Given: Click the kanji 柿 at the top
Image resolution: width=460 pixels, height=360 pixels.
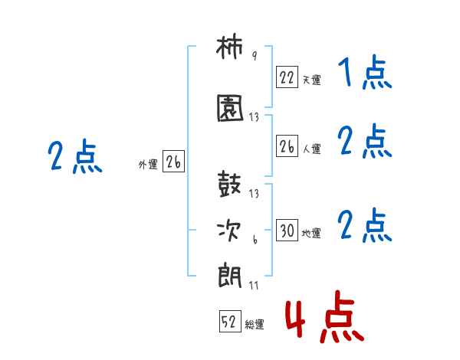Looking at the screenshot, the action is pyautogui.click(x=229, y=47).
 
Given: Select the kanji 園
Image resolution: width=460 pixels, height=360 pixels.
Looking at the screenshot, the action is pyautogui.click(x=230, y=108).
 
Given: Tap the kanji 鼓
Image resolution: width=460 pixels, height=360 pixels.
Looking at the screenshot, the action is pyautogui.click(x=229, y=184).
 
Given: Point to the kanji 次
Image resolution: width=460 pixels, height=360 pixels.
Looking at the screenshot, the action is pyautogui.click(x=229, y=231).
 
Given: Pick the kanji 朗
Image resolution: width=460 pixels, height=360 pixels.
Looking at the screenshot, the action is pyautogui.click(x=230, y=276).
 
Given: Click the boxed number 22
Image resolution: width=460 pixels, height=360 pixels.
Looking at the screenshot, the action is pyautogui.click(x=287, y=77).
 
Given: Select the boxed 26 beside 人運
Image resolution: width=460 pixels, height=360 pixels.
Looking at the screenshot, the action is pyautogui.click(x=287, y=146).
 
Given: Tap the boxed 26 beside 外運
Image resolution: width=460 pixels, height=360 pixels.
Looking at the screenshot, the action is pyautogui.click(x=173, y=161).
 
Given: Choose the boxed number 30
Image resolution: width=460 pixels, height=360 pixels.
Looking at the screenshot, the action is pyautogui.click(x=287, y=230).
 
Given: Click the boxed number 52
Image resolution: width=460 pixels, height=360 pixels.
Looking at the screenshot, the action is pyautogui.click(x=230, y=321).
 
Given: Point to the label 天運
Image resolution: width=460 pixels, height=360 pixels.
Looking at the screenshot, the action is pyautogui.click(x=311, y=80).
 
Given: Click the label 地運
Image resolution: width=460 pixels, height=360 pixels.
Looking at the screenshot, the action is pyautogui.click(x=311, y=233).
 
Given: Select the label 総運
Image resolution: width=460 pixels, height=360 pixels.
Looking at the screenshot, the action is pyautogui.click(x=255, y=325).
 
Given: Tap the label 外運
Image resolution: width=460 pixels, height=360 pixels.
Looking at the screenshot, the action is pyautogui.click(x=148, y=165).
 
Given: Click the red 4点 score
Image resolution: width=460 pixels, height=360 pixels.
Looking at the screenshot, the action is pyautogui.click(x=325, y=316).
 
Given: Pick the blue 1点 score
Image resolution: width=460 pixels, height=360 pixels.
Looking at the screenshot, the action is pyautogui.click(x=365, y=72).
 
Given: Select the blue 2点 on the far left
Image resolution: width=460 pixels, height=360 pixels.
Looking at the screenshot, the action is pyautogui.click(x=75, y=156).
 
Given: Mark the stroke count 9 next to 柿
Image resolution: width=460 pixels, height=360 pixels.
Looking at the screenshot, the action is pyautogui.click(x=255, y=55).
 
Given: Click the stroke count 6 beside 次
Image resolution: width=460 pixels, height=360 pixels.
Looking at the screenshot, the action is pyautogui.click(x=255, y=240).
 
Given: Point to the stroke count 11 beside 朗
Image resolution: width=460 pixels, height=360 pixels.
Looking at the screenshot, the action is pyautogui.click(x=254, y=285).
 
